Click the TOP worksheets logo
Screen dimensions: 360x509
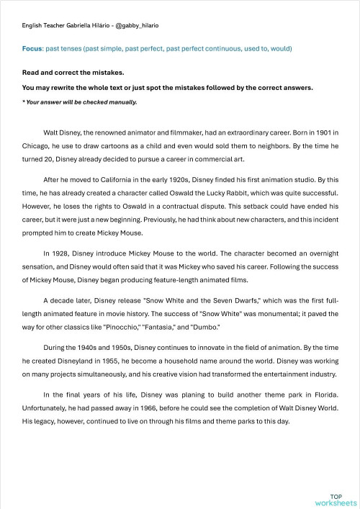(x=336, y=500)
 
